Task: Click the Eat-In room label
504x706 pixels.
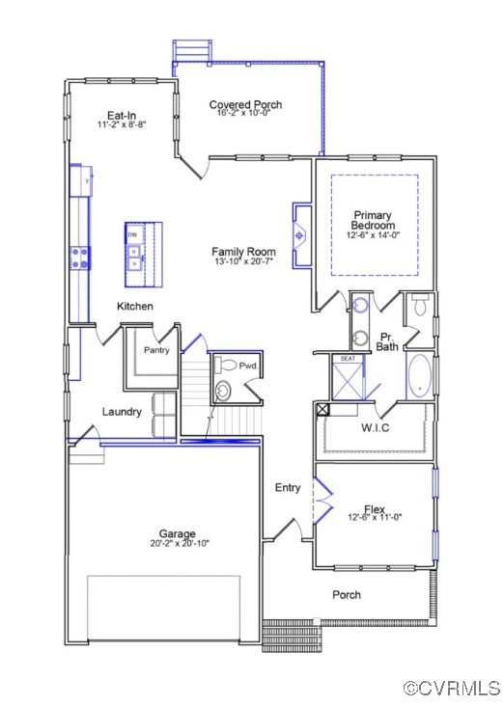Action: tap(121, 115)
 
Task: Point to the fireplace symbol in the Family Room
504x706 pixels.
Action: tap(300, 234)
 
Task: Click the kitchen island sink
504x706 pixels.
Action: tap(135, 255)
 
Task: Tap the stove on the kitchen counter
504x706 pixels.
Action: tap(79, 258)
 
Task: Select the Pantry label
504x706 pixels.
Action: tap(156, 350)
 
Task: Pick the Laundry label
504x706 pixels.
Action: tap(123, 412)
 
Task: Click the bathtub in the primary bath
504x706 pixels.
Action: tap(420, 376)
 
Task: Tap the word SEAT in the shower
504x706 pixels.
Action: tap(348, 359)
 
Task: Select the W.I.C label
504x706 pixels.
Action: tap(375, 427)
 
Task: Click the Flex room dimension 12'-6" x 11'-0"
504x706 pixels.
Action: tap(375, 518)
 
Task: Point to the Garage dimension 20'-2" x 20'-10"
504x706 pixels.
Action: tap(177, 543)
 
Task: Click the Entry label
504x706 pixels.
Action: tap(288, 488)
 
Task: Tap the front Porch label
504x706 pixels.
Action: tap(347, 595)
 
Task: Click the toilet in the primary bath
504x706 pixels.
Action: tap(420, 307)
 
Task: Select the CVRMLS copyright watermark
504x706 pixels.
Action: tap(451, 689)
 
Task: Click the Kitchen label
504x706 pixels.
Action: tap(135, 306)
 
